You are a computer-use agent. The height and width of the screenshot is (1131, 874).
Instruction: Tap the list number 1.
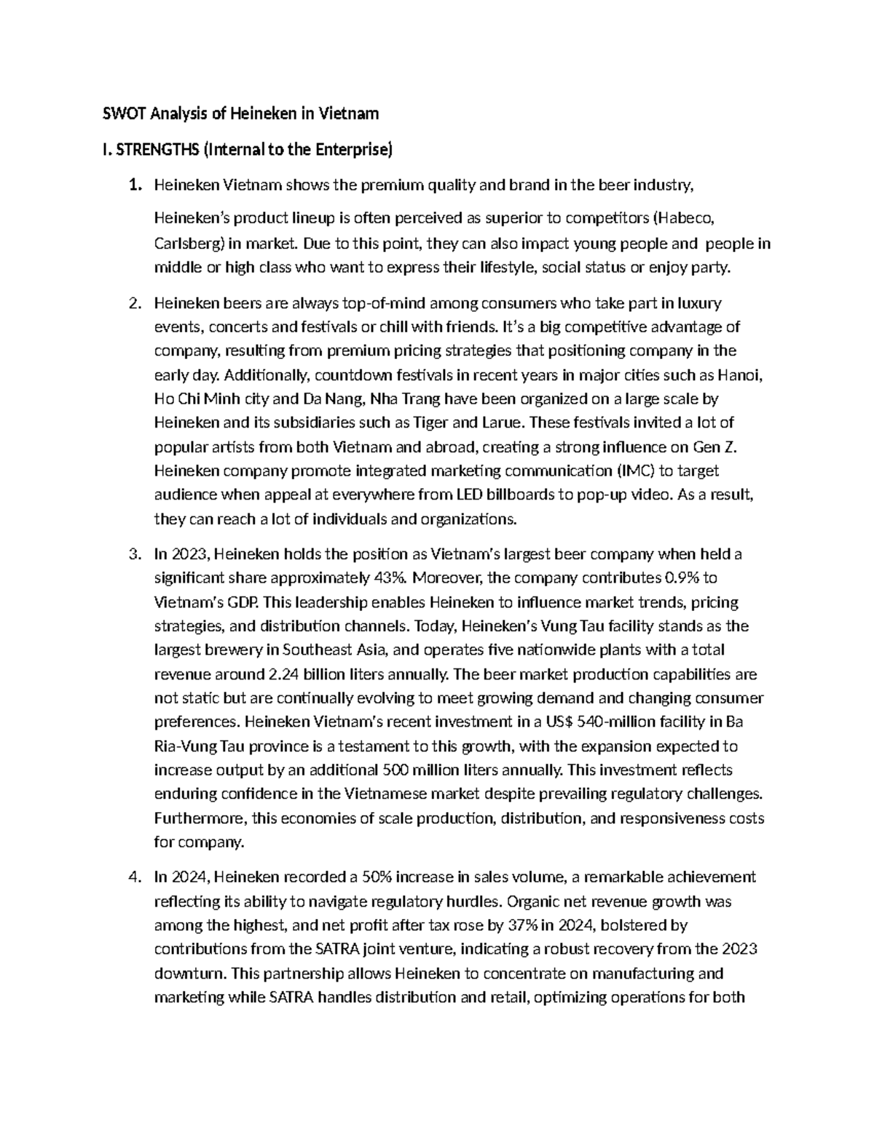pyautogui.click(x=133, y=186)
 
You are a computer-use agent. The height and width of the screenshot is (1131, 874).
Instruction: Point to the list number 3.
pyautogui.click(x=133, y=554)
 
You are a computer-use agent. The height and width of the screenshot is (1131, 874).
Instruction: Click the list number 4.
pyautogui.click(x=133, y=877)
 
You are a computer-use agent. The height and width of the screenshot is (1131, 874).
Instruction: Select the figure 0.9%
pyautogui.click(x=683, y=578)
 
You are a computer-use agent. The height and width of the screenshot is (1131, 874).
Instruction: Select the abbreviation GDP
pyautogui.click(x=244, y=602)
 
